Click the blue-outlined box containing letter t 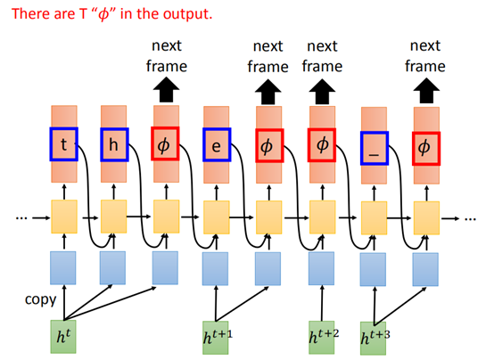[x=64, y=143]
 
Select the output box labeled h [x=114, y=143]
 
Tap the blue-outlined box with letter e [x=217, y=143]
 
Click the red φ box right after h [x=166, y=143]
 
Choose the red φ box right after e [x=269, y=143]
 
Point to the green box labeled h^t [x=63, y=336]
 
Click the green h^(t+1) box [x=218, y=336]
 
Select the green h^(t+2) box [x=322, y=336]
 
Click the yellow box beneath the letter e [x=218, y=216]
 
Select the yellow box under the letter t [x=64, y=216]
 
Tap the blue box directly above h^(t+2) [x=322, y=266]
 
